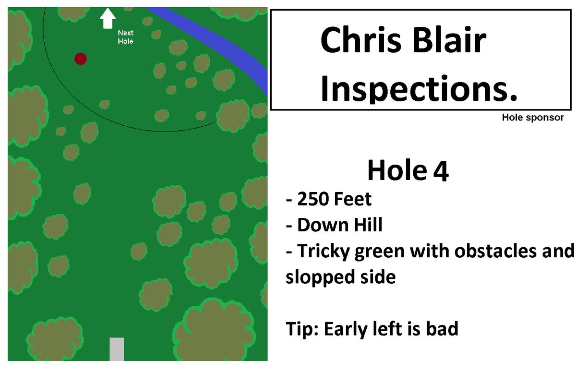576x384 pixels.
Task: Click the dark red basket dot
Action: [x=81, y=59]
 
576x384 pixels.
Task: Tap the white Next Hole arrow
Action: [x=108, y=18]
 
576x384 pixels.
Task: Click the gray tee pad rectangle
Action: [x=117, y=349]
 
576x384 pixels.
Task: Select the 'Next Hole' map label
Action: [x=125, y=37]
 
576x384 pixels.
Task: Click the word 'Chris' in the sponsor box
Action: [x=361, y=40]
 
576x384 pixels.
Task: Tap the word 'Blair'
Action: [x=449, y=40]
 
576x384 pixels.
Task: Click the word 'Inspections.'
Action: [x=419, y=89]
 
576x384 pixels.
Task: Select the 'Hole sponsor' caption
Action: [x=533, y=118]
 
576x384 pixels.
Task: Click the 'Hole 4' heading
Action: [x=408, y=170]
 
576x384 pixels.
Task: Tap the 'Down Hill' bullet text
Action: [x=340, y=225]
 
